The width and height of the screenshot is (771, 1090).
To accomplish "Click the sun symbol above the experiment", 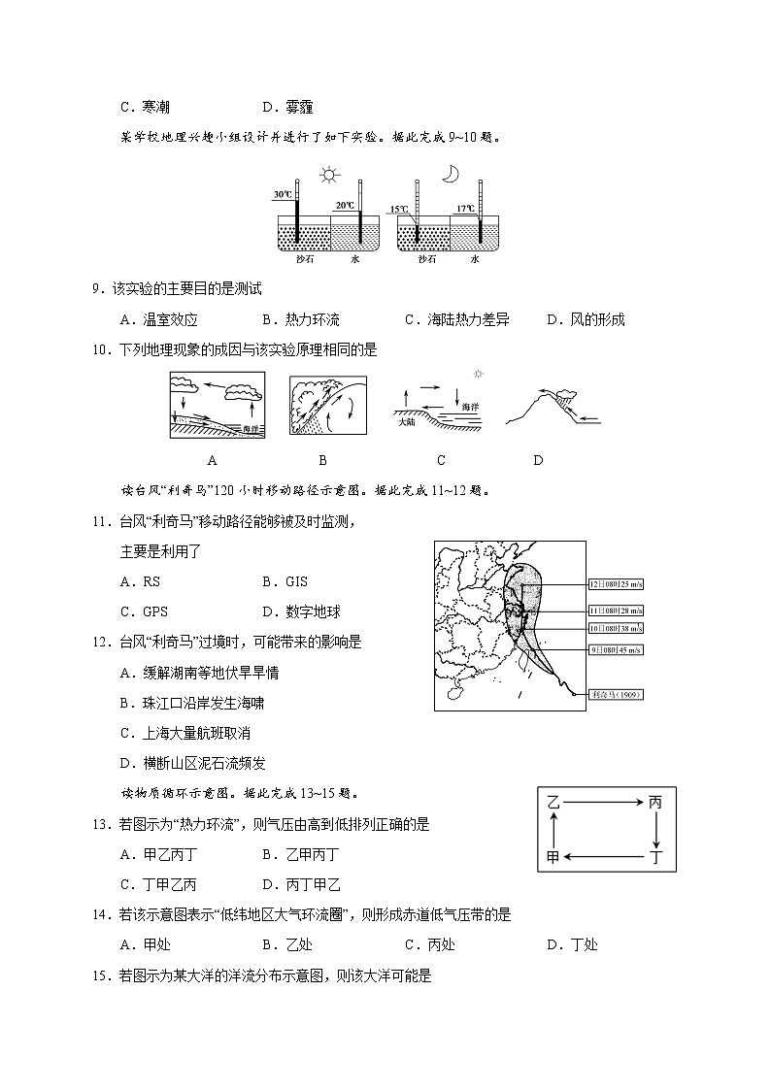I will (330, 176).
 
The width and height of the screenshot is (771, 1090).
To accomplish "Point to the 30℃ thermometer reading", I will (282, 195).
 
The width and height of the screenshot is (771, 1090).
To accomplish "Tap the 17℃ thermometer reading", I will (466, 208).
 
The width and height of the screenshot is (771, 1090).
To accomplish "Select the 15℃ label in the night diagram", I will (398, 209).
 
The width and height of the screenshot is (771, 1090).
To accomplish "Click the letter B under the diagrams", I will (322, 460).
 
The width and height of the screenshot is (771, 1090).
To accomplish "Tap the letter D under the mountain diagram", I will (538, 460).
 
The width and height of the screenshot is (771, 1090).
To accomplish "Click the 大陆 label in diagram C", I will (407, 424).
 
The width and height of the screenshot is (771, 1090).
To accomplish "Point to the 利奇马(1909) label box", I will (618, 694).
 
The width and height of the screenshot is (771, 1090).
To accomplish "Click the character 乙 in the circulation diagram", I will (553, 803).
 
